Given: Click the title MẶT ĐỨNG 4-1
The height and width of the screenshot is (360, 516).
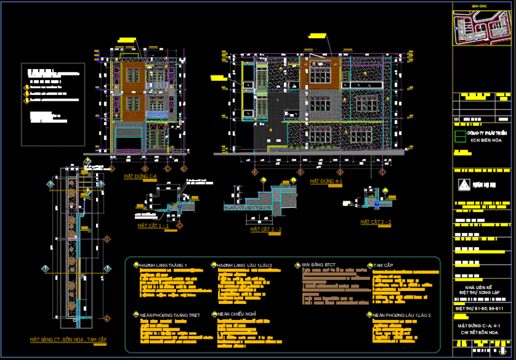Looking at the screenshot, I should pyautogui.click(x=326, y=183).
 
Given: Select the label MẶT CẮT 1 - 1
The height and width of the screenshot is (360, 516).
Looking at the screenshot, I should pyautogui.click(x=154, y=226).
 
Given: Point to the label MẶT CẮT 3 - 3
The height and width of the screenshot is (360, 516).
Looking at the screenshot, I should pyautogui.click(x=375, y=222).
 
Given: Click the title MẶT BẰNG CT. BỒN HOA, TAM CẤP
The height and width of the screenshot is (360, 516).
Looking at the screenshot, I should pyautogui.click(x=68, y=339).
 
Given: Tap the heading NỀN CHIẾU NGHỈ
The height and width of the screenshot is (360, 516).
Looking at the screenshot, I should pyautogui.click(x=237, y=314).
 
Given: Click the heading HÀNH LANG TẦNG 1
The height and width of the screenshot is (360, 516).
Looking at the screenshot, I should pyautogui.click(x=163, y=265).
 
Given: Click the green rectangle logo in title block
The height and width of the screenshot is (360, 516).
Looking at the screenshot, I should pyautogui.click(x=461, y=135).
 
